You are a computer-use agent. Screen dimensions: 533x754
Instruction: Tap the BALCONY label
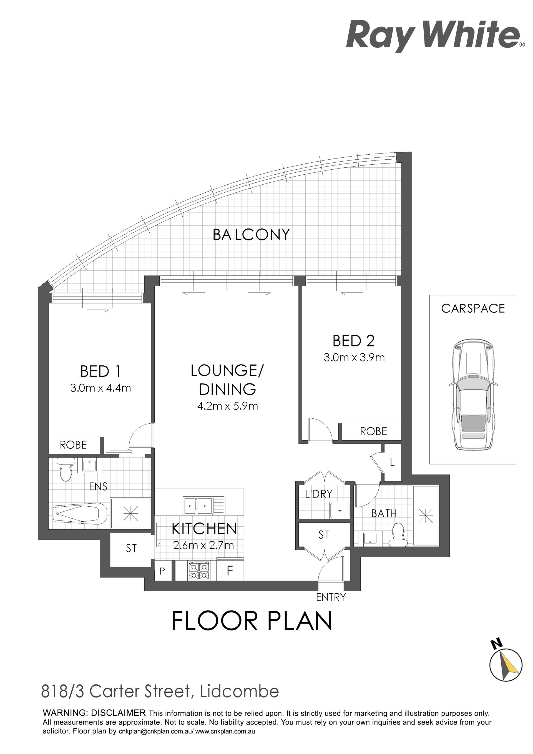[251, 235]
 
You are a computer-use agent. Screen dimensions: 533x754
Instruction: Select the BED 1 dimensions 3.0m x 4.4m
[100, 388]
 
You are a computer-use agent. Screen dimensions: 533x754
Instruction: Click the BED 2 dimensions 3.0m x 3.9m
[354, 357]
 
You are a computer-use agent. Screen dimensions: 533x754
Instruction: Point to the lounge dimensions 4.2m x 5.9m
[228, 406]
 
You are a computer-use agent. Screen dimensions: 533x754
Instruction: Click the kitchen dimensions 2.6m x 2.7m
[203, 546]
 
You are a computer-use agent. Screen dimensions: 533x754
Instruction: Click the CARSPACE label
[473, 308]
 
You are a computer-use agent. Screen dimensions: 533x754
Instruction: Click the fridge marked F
[230, 571]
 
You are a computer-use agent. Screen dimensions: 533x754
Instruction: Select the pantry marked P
[162, 571]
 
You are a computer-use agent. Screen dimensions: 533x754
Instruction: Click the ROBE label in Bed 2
[374, 431]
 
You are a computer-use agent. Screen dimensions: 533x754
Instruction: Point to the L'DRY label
[319, 494]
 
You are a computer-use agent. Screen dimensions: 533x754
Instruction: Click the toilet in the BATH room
[398, 535]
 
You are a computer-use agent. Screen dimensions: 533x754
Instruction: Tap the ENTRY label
[331, 597]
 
